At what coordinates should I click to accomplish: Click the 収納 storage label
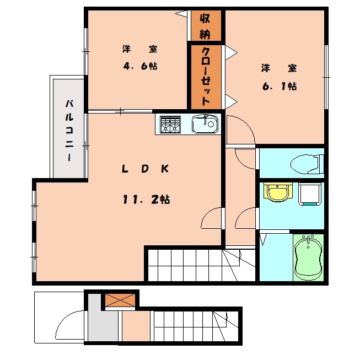(x=205, y=25)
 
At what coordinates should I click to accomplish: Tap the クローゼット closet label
(x=205, y=77)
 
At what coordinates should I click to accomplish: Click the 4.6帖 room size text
(x=140, y=66)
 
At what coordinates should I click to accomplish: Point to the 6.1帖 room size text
(x=279, y=87)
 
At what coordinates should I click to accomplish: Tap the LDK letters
(x=144, y=169)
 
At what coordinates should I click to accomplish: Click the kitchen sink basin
(x=205, y=125)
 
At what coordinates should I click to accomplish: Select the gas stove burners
(x=170, y=125)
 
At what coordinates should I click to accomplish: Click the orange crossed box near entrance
(x=120, y=300)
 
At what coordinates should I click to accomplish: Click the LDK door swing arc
(x=213, y=219)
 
